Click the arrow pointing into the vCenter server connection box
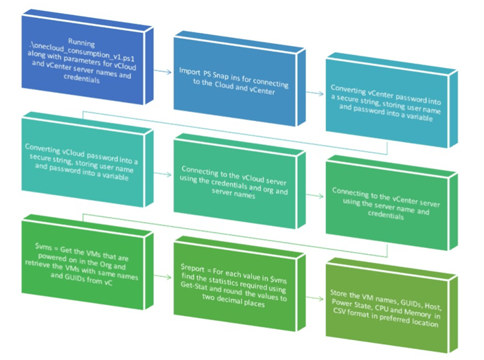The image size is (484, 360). [x=316, y=195]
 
